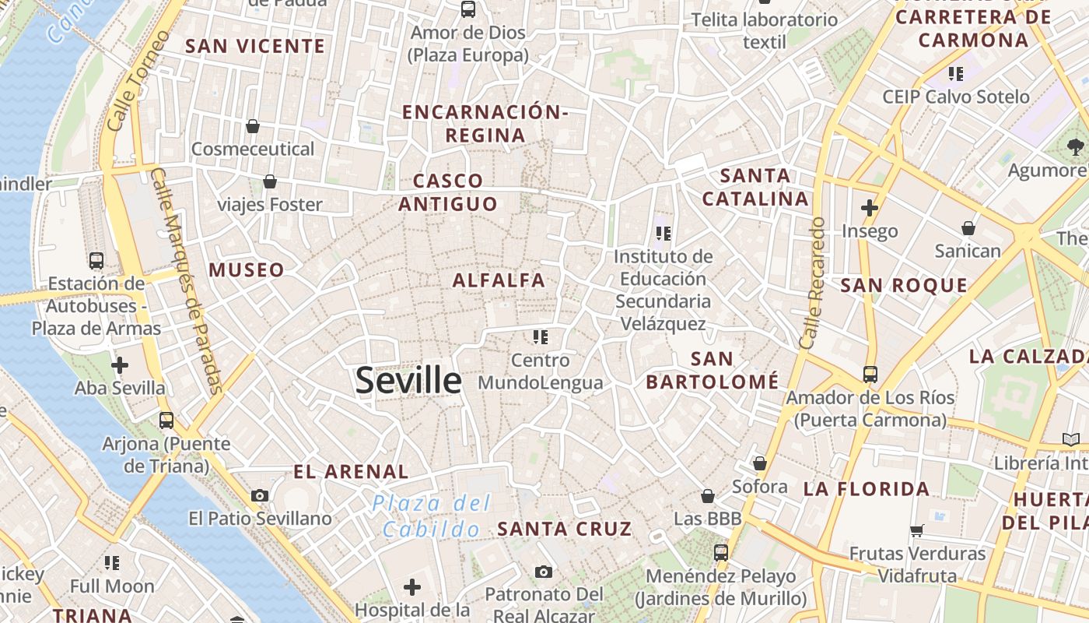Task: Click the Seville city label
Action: [x=408, y=380]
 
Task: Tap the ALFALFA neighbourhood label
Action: [x=499, y=280]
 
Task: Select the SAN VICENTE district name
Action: [x=255, y=46]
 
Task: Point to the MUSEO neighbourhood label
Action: [x=247, y=270]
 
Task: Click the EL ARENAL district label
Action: [x=351, y=471]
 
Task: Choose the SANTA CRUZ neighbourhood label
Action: [x=565, y=529]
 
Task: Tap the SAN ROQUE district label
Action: [x=904, y=285]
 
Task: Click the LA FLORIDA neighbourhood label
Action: [x=867, y=489]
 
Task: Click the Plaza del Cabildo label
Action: [x=432, y=516]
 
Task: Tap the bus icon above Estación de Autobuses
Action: [x=96, y=261]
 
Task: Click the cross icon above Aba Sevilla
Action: [x=120, y=364]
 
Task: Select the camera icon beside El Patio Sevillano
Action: [x=260, y=495]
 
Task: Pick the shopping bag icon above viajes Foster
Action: [x=270, y=181]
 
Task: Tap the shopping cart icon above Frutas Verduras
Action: [x=917, y=530]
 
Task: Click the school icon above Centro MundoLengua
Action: [x=541, y=336]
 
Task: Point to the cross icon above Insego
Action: [x=870, y=208]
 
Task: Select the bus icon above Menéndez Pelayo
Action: [x=721, y=553]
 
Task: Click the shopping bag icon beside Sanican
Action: [x=968, y=228]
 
